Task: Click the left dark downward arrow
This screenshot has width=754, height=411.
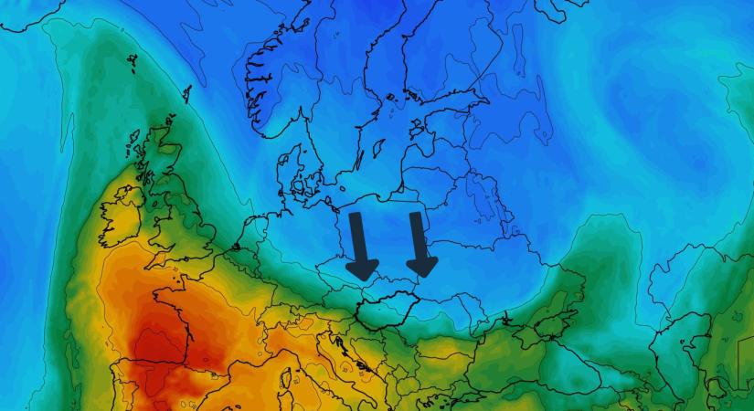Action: (x=361, y=247)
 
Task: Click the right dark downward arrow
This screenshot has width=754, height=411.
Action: (x=419, y=245)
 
